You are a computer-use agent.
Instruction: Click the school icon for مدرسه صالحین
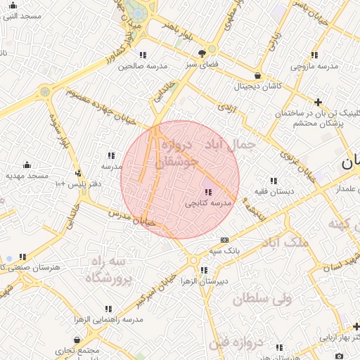[143, 54]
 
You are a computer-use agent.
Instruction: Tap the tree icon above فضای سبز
[202, 53]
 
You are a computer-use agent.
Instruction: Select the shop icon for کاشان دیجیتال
[257, 75]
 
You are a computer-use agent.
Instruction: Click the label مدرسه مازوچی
[314, 66]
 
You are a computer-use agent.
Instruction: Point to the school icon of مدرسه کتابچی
[208, 191]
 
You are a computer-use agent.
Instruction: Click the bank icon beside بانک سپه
[224, 240]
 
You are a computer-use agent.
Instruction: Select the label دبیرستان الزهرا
[204, 281]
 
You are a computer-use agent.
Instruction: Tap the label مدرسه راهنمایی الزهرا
[109, 319]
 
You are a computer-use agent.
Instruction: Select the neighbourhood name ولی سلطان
[262, 299]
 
